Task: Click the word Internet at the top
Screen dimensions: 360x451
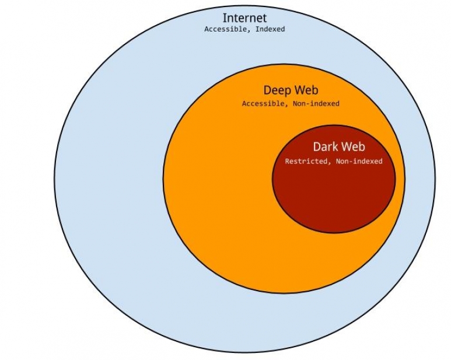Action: coord(244,18)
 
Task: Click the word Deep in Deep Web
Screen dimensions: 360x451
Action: coord(277,90)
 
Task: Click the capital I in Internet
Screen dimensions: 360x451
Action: coord(225,18)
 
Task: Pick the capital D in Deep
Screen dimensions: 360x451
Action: coord(267,90)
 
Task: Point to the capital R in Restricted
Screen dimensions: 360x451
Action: coord(287,161)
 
